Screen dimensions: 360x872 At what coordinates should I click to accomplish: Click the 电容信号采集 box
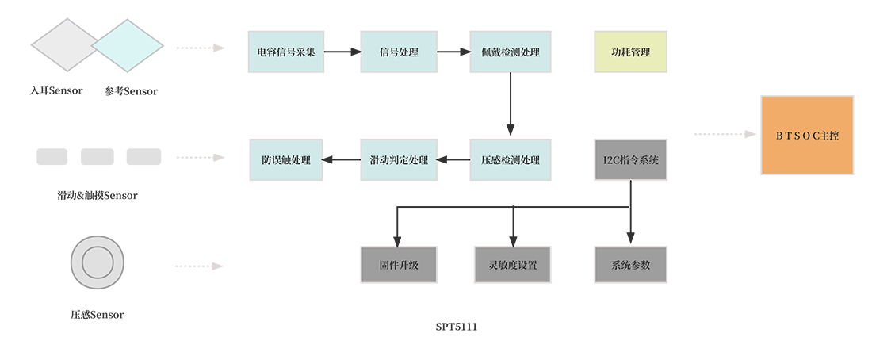(x=286, y=52)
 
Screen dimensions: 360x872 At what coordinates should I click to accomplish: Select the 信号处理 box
(x=400, y=52)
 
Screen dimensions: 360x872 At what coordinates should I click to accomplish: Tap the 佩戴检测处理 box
(x=510, y=52)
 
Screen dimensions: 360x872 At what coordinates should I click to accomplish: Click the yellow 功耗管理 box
(x=630, y=52)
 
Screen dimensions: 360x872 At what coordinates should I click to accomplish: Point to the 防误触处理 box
(x=286, y=159)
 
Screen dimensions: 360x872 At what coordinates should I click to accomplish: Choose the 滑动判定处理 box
(x=400, y=159)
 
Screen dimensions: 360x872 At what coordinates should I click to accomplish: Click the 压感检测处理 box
(x=510, y=159)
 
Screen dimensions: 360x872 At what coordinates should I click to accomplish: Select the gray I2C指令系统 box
(x=630, y=159)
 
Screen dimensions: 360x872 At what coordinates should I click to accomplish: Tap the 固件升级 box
(x=400, y=265)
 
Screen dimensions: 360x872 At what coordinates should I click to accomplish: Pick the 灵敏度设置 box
(x=512, y=265)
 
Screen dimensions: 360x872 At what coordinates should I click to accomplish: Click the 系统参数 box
(x=630, y=265)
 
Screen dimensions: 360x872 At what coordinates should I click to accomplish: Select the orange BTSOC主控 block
(x=807, y=135)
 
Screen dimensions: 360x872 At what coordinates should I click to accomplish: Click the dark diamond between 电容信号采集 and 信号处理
(x=342, y=52)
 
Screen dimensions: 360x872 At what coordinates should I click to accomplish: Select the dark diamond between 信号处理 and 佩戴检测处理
(x=454, y=52)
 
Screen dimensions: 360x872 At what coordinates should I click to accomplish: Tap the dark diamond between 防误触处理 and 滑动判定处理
(x=342, y=159)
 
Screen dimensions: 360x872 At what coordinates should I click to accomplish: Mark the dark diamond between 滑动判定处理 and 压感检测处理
(x=454, y=159)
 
